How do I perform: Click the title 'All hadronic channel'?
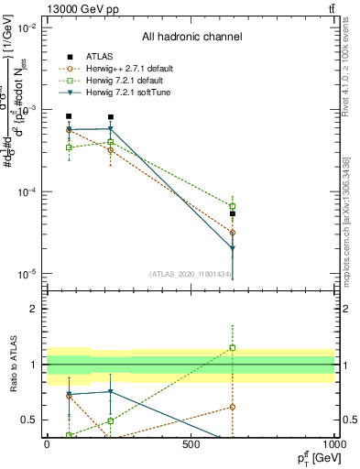coord(191,38)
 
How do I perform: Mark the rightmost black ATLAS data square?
coord(233,213)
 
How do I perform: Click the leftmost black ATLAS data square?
coord(69,116)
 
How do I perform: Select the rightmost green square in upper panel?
coord(233,206)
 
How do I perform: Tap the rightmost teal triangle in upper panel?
coord(233,248)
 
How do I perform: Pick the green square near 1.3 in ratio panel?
coord(233,347)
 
